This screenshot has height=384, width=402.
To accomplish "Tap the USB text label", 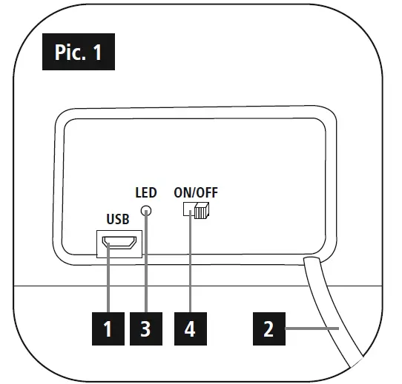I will pos(118,220).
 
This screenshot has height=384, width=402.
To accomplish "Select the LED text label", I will pos(146,194).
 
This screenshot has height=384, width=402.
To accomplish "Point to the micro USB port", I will pos(118,244).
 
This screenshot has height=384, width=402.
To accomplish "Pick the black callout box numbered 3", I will pos(146,328).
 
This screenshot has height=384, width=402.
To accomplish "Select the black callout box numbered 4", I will pos(191,328).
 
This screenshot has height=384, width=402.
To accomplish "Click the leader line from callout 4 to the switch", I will pos(191,266).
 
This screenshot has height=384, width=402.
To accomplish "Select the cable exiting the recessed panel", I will pos(333,311).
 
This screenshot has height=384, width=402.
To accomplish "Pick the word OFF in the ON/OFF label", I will pos(208,194).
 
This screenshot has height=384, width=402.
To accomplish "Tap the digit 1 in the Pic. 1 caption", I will pos(97,53).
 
